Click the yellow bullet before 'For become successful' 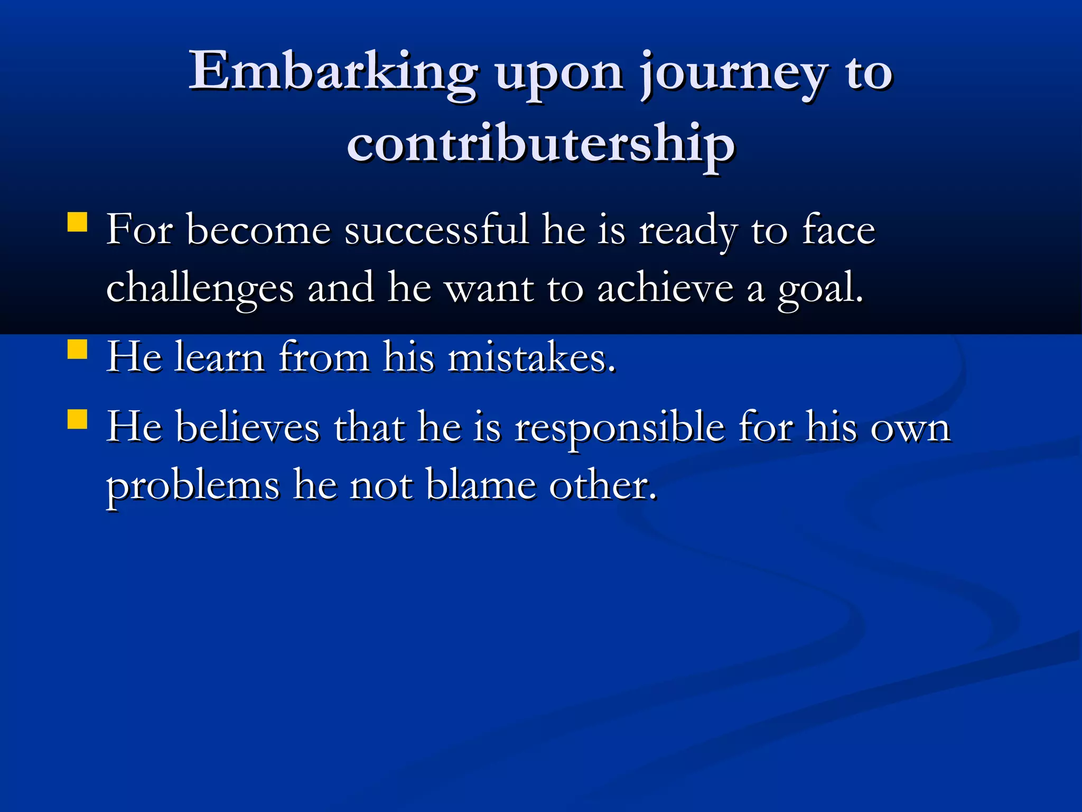pos(78,223)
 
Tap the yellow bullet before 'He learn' pos(78,349)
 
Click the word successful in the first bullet pos(436,230)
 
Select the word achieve pos(665,289)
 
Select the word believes pos(248,427)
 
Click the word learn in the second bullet pos(219,358)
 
